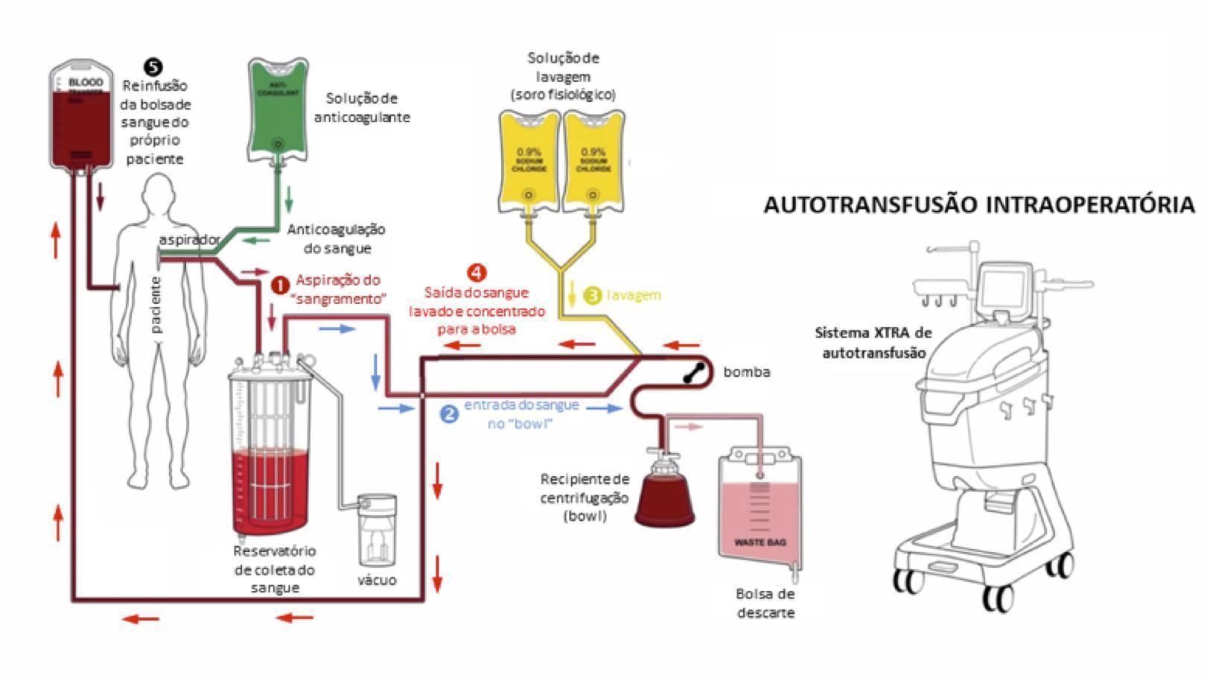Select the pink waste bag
click(x=760, y=507)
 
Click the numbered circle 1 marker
click(x=279, y=285)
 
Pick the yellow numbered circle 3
click(x=593, y=296)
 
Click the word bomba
click(x=746, y=372)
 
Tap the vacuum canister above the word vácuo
click(x=378, y=529)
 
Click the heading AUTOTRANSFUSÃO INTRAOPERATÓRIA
click(x=978, y=205)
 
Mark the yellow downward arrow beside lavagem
click(x=572, y=294)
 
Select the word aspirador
click(x=189, y=240)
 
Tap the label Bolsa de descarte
click(x=765, y=604)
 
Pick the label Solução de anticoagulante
click(x=362, y=108)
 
